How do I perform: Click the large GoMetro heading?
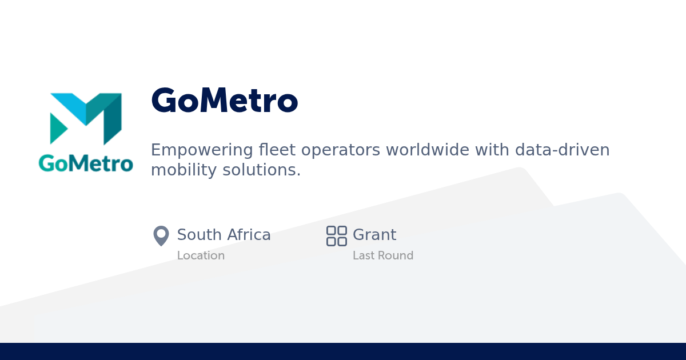(224, 101)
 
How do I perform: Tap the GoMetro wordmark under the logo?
(86, 163)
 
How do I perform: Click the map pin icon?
(161, 235)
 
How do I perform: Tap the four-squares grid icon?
(337, 235)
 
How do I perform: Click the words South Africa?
(224, 235)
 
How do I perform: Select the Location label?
(201, 255)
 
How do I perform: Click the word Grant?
(374, 235)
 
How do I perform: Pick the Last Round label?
(383, 255)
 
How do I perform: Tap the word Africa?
(249, 235)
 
